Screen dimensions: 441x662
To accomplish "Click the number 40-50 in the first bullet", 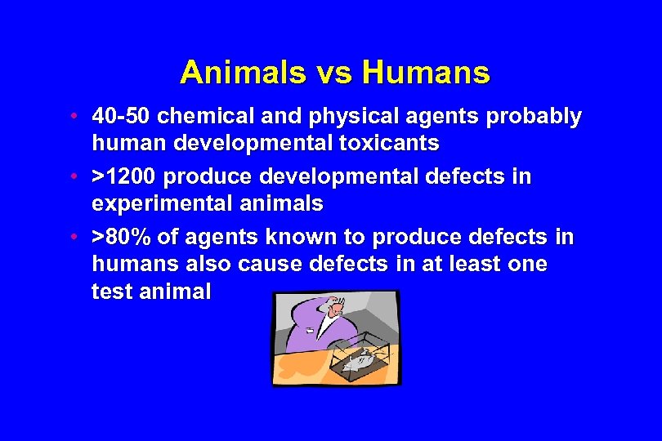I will tap(121, 117).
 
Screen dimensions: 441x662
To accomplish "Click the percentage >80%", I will tap(120, 238).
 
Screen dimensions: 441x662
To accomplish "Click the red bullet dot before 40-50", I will tap(74, 117).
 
